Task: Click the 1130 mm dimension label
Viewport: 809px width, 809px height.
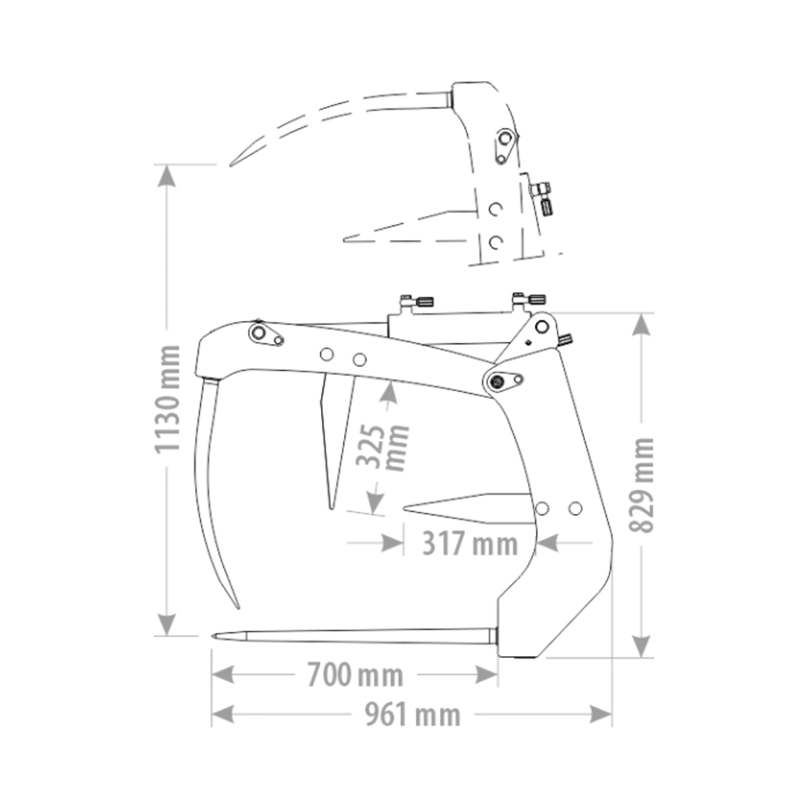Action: (168, 399)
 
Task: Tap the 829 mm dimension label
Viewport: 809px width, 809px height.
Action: (641, 485)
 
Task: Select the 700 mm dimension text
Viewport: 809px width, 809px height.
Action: (355, 675)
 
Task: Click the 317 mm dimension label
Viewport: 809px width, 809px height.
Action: (470, 543)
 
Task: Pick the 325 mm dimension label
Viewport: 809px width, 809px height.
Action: (382, 448)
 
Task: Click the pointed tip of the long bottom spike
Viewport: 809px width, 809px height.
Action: (213, 636)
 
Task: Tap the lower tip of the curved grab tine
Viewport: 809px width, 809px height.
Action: (238, 607)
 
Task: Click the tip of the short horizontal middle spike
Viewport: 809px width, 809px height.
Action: (404, 508)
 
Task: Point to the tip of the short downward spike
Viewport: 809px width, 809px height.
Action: (331, 508)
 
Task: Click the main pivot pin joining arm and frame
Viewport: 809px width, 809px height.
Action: (498, 382)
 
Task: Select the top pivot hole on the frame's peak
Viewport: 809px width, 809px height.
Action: (542, 326)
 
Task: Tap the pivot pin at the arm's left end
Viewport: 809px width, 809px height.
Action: (258, 333)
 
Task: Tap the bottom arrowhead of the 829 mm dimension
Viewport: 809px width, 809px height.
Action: (641, 647)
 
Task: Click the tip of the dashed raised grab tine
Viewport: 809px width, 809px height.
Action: (231, 166)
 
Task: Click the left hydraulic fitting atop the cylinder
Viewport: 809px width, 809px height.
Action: (416, 301)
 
